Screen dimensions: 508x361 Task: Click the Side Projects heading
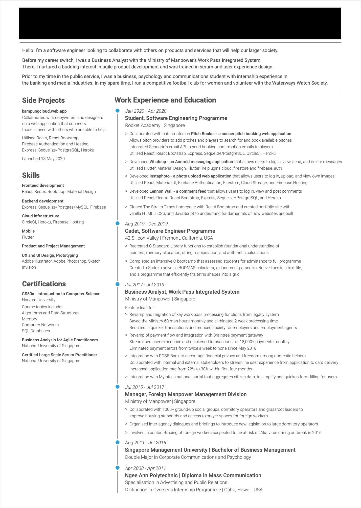pos(43,100)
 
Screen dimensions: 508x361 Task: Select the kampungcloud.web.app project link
pos(44,111)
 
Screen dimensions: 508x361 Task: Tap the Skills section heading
pos(31,175)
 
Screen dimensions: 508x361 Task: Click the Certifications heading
pos(44,284)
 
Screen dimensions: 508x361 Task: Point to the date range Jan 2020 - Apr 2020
pos(146,111)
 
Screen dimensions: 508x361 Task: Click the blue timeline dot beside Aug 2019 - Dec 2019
pos(117,223)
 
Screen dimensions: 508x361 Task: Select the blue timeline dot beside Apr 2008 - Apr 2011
pos(117,468)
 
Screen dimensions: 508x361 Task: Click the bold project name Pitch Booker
pos(203,134)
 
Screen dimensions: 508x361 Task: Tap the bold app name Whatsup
pos(158,162)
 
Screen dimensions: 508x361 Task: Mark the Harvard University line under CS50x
pos(39,300)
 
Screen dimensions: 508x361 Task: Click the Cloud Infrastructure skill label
pos(41,216)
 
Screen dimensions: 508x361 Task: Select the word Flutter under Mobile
pos(28,237)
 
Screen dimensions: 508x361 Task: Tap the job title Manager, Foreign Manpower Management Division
pos(186,394)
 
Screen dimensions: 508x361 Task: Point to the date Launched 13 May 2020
pos(43,159)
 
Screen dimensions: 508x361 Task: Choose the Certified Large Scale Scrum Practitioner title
pos(59,355)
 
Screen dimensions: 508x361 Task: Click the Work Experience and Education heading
pos(165,100)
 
